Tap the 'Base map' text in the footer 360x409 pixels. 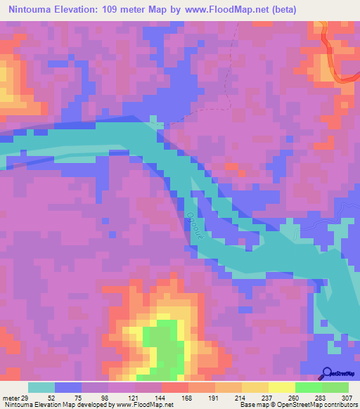[252, 404]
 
